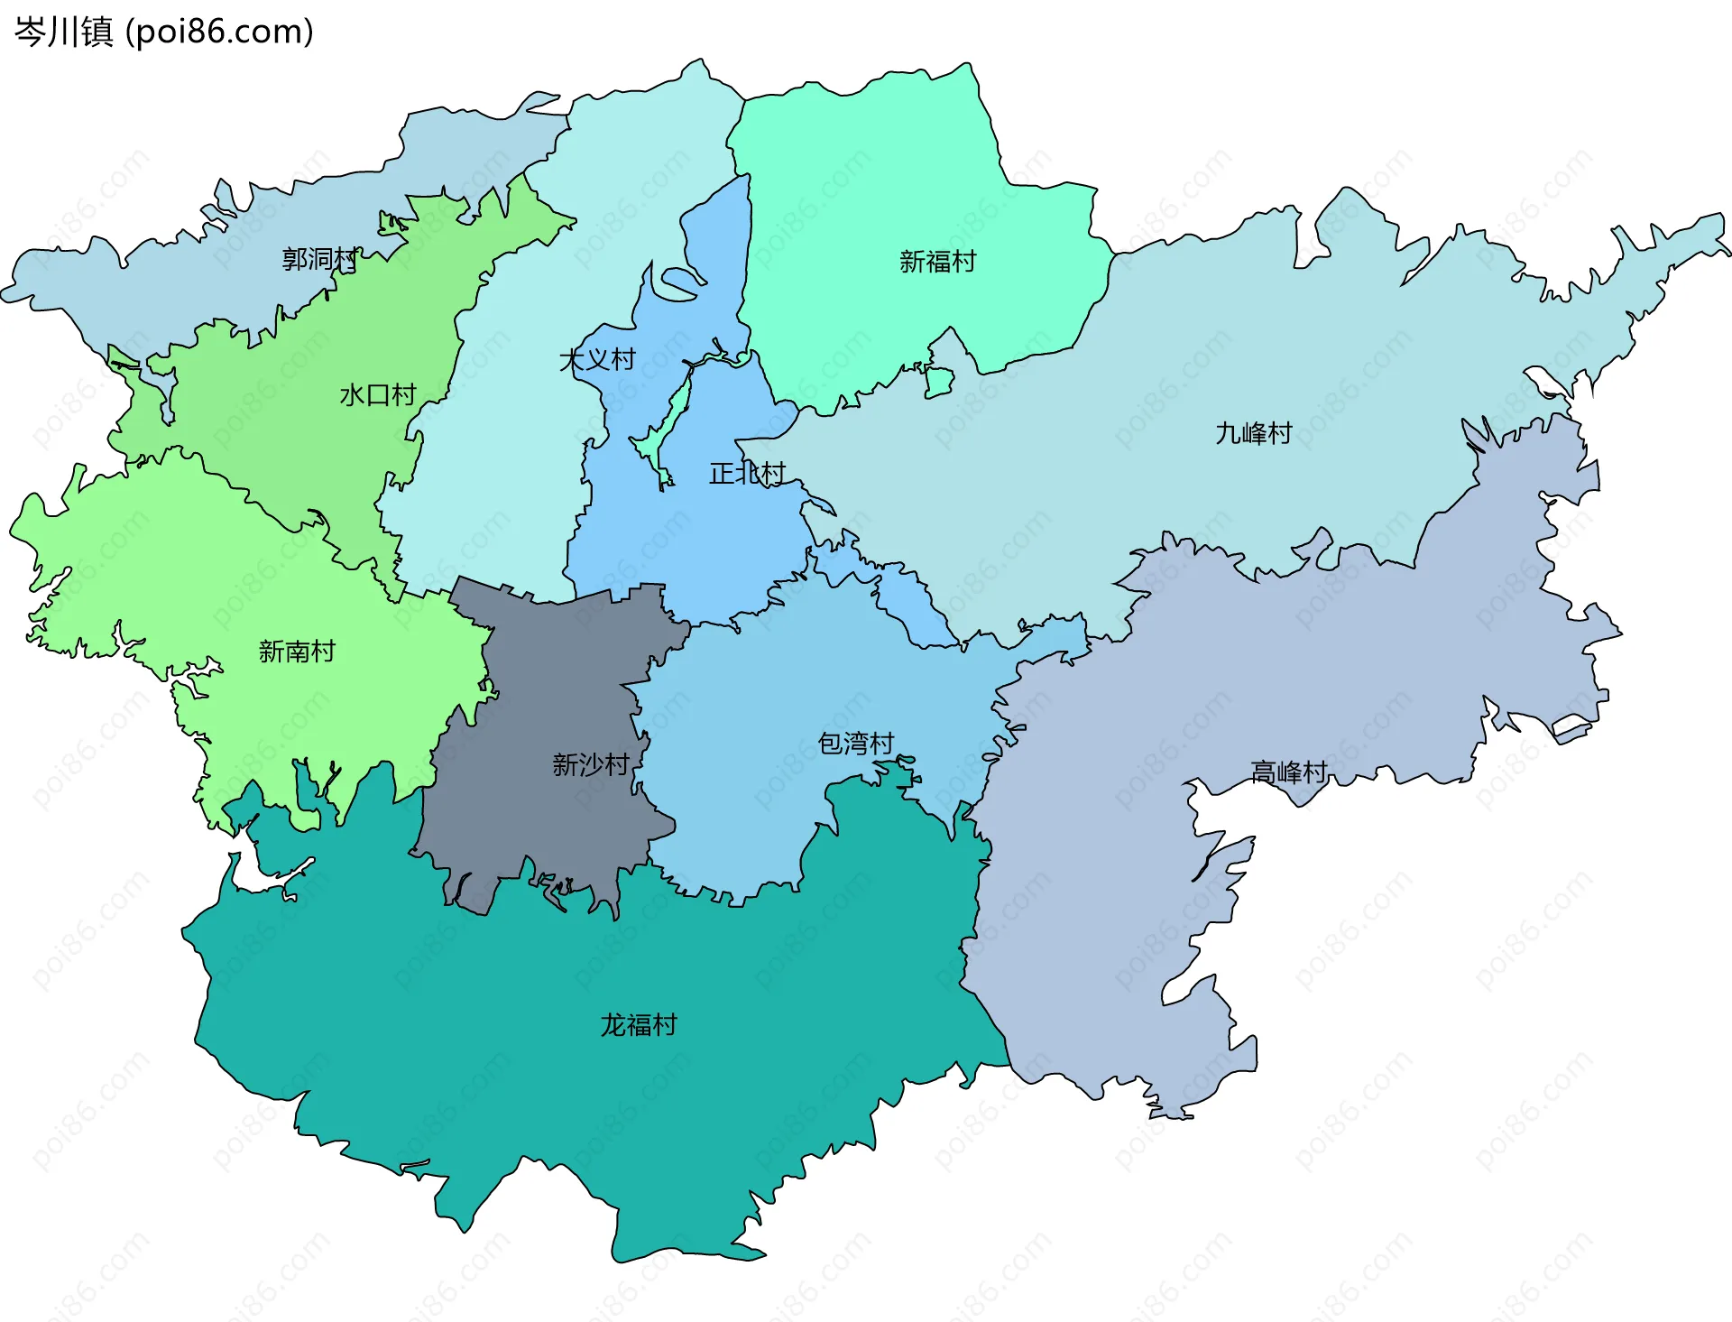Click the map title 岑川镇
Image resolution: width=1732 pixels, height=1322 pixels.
[63, 32]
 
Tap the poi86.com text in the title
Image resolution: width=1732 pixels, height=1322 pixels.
[219, 32]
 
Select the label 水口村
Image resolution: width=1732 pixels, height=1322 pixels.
[377, 395]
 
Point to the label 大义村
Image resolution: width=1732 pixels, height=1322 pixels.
[597, 360]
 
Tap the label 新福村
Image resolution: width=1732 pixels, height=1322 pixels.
[937, 262]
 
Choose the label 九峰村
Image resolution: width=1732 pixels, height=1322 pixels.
[1253, 434]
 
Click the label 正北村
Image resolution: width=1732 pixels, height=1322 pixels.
[747, 474]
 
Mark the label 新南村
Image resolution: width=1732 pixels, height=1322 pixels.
[297, 652]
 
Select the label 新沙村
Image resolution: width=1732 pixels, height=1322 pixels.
[591, 765]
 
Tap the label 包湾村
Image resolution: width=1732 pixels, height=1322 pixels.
[855, 744]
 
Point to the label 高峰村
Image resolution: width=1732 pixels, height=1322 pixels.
[1288, 772]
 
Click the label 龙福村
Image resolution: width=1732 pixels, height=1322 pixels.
[639, 1025]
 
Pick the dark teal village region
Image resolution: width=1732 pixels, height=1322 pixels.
[586, 1083]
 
